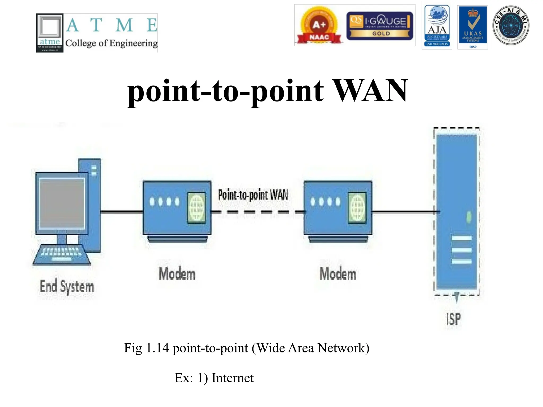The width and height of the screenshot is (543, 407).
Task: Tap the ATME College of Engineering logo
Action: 97,33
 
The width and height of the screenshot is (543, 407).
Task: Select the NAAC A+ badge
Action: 319,25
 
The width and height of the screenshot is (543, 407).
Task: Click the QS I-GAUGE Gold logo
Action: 380,25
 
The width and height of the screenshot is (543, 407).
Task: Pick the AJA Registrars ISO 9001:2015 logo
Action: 437,25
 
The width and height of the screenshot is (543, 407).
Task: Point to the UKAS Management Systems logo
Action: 472,27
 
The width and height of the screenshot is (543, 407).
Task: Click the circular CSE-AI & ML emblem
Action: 511,25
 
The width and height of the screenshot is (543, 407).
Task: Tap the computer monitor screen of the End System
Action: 62,203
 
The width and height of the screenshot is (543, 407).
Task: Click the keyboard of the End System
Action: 62,255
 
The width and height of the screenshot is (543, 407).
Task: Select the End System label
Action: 67,287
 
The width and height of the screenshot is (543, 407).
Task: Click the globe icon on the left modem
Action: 196,207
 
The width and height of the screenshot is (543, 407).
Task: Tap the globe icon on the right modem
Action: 357,207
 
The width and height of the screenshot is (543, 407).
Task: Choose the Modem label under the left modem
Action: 177,274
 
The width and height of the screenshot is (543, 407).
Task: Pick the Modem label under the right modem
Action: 338,274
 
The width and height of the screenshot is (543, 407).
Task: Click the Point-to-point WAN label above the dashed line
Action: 253,195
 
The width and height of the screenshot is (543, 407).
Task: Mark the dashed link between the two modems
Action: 257,212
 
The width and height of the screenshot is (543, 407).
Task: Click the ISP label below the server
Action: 453,319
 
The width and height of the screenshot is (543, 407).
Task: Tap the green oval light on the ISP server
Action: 469,217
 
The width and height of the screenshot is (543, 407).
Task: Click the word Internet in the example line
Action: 233,378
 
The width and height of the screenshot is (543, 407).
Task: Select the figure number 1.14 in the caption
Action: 157,348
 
